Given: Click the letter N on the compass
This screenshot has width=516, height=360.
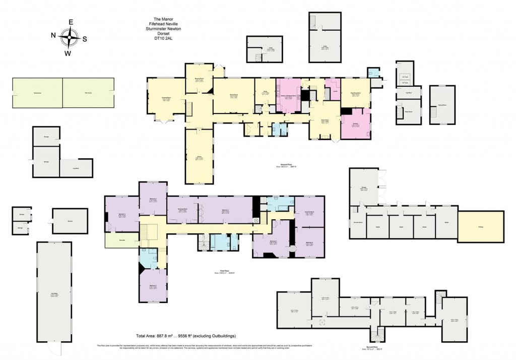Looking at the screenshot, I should [53, 35].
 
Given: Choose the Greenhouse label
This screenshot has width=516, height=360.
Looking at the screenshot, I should [37, 93].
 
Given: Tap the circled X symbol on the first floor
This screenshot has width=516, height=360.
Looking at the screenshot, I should [255, 220].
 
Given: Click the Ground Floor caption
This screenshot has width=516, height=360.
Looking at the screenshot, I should [285, 165].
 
